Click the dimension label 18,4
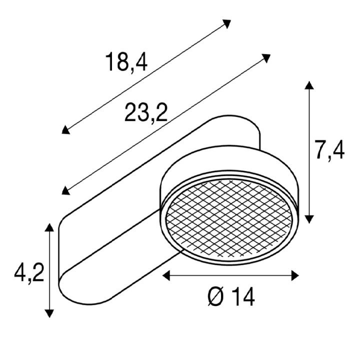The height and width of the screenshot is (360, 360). click(x=126, y=62)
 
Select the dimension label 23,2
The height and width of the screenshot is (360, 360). click(x=146, y=112)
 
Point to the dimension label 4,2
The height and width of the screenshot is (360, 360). click(x=29, y=273)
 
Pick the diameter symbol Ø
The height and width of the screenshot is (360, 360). click(x=216, y=297)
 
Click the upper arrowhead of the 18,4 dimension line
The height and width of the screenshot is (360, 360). click(x=226, y=24)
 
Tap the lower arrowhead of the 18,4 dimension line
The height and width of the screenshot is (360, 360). click(x=65, y=130)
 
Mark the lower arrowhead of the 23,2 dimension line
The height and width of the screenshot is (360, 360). click(x=65, y=190)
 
